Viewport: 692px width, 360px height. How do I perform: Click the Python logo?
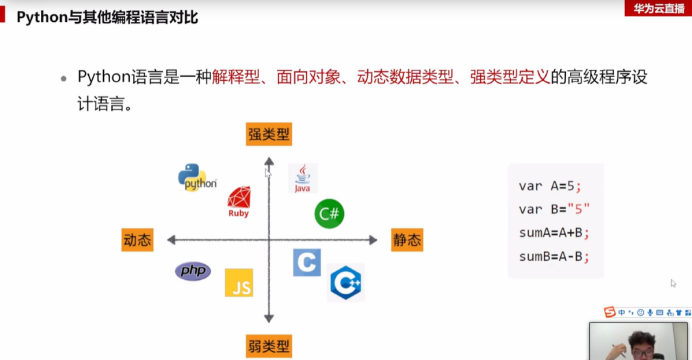coord(197,177)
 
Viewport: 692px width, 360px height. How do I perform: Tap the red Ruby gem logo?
coord(239,201)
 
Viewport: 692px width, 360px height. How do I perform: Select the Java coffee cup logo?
coord(303,178)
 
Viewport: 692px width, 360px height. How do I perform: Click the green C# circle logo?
coord(329,214)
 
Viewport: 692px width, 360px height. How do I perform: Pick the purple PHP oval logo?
coord(193,271)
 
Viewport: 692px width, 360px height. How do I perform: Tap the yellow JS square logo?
coord(239,283)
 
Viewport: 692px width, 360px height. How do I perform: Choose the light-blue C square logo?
coord(307,262)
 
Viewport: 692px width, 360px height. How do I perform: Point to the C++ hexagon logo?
coord(346,283)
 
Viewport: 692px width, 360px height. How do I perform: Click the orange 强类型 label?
coord(269,134)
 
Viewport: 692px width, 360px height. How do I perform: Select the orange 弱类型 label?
coord(269,346)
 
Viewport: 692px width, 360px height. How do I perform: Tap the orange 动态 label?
coord(137,240)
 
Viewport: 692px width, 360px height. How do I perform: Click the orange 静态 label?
coord(407,240)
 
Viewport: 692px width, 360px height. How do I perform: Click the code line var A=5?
coord(550,186)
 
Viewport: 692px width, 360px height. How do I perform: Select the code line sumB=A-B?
coord(554,256)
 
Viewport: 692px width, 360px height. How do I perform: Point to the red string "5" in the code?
coord(579,209)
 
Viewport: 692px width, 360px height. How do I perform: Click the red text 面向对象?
coord(308,77)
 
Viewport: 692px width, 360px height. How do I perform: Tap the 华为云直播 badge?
coord(658,8)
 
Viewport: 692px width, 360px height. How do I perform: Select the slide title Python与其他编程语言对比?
coord(107,18)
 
